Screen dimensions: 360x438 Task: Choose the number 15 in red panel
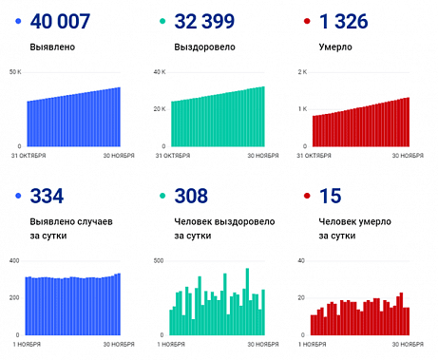pos(327,197)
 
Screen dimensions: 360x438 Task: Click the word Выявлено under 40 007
pos(52,46)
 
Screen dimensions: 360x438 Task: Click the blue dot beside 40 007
pos(18,21)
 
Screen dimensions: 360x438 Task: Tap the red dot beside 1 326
pos(306,21)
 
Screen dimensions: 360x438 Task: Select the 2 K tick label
pos(302,72)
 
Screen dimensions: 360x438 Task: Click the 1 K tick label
pos(302,109)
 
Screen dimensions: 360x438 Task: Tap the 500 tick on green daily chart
pos(158,260)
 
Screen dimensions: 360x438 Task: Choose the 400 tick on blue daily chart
pos(13,260)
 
